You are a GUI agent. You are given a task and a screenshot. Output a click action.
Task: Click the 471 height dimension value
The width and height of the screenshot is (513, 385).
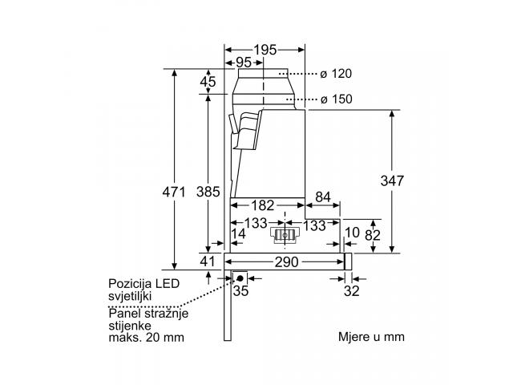(174, 192)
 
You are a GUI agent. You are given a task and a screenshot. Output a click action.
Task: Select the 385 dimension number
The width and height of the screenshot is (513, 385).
(208, 192)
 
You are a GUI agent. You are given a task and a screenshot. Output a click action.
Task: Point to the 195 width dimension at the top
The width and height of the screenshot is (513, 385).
(265, 48)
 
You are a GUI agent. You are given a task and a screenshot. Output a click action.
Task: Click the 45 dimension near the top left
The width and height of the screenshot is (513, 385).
(208, 81)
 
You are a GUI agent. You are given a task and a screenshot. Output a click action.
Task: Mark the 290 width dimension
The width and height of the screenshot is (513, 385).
(287, 261)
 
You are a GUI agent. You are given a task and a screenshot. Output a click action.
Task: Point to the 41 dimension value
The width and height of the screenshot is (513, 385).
(208, 261)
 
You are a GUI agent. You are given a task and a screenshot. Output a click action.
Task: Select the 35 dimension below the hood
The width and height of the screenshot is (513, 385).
(240, 290)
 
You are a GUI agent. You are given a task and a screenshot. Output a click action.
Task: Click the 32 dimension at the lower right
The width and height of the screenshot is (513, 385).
(350, 290)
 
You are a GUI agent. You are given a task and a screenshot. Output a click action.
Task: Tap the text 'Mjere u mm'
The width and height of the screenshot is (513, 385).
(371, 336)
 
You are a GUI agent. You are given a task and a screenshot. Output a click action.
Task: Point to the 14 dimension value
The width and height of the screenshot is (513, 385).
(237, 233)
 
